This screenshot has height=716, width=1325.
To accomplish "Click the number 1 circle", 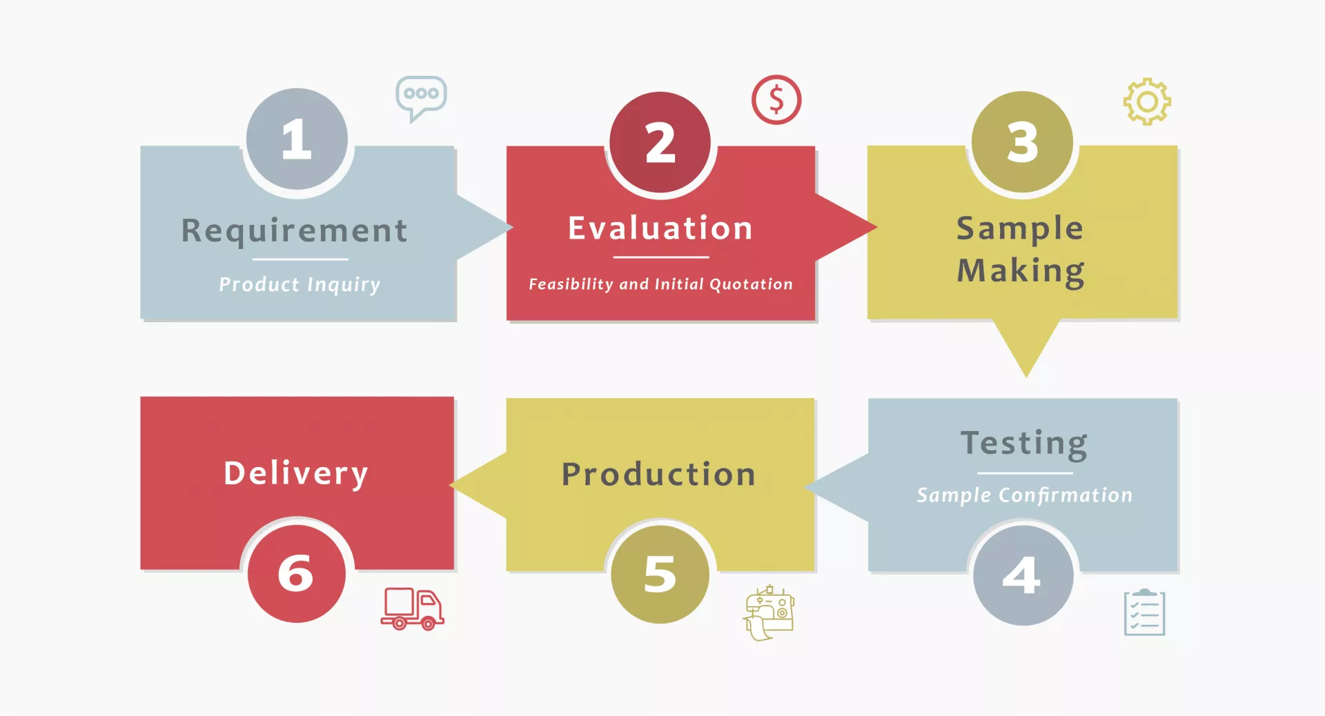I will pyautogui.click(x=297, y=139).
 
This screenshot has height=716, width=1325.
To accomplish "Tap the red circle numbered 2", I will pyautogui.click(x=660, y=142).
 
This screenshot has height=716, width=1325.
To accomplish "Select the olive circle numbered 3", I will pyautogui.click(x=1022, y=142).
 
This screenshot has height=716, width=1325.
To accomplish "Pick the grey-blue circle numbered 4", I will pyautogui.click(x=1023, y=575).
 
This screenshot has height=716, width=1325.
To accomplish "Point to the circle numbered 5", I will pyautogui.click(x=660, y=574).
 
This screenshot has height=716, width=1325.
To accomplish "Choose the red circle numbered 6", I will pyautogui.click(x=296, y=573).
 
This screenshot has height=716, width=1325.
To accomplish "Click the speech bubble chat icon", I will pyautogui.click(x=421, y=97).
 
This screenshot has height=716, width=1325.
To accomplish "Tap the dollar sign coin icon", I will pyautogui.click(x=776, y=100).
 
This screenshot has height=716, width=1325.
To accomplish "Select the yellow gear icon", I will pyautogui.click(x=1147, y=102).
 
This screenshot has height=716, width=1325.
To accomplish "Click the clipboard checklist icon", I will pyautogui.click(x=1144, y=612).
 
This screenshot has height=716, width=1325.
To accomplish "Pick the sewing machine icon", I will pyautogui.click(x=769, y=612).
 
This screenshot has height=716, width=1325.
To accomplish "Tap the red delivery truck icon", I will pyautogui.click(x=412, y=608).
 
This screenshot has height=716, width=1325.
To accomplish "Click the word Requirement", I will pyautogui.click(x=295, y=230).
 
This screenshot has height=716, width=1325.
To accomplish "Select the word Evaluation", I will pyautogui.click(x=660, y=228).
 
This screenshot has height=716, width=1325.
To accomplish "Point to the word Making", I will pyautogui.click(x=1021, y=270).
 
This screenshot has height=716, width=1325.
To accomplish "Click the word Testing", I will pyautogui.click(x=1024, y=444).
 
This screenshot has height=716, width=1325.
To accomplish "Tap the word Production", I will pyautogui.click(x=658, y=475).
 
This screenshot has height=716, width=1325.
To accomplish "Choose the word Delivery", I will pyautogui.click(x=296, y=473).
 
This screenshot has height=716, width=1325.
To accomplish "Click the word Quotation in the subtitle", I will pyautogui.click(x=751, y=284).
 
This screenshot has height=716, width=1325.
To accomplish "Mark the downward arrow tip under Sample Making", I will pyautogui.click(x=1026, y=372).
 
